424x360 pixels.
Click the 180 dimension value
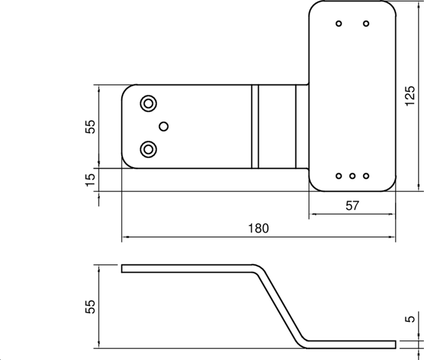pyautogui.click(x=259, y=229)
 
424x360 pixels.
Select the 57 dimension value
pyautogui.click(x=352, y=206)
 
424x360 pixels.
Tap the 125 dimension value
pyautogui.click(x=409, y=96)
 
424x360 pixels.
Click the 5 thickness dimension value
pyautogui.click(x=409, y=320)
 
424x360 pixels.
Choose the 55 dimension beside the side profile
pyautogui.click(x=91, y=306)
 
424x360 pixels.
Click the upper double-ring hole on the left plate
pyautogui.click(x=148, y=103)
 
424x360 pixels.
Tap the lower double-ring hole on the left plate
pyautogui.click(x=148, y=149)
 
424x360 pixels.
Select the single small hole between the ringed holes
pyautogui.click(x=164, y=125)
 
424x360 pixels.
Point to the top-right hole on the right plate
pyautogui.click(x=366, y=23)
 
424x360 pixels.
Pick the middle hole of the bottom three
pyautogui.click(x=352, y=175)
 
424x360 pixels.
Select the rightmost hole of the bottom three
pyautogui.click(x=366, y=175)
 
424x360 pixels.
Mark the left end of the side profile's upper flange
pyautogui.click(x=123, y=268)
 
